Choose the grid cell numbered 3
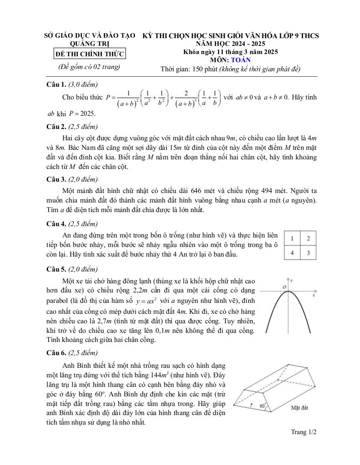308,252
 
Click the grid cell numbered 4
292,252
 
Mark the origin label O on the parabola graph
284,287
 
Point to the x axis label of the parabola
314,295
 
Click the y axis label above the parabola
292,281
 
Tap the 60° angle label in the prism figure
263,406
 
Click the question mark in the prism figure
251,406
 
